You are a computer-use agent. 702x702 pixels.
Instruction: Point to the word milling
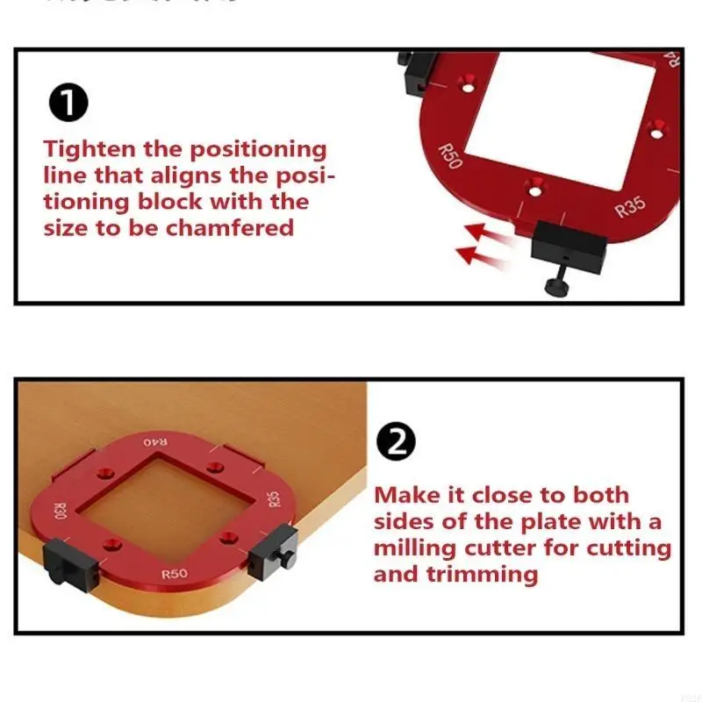click(415, 549)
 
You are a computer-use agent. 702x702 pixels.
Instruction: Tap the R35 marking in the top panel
click(630, 208)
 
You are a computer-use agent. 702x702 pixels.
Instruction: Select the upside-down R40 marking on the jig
click(160, 441)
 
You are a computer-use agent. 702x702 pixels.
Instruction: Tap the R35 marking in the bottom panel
click(274, 499)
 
